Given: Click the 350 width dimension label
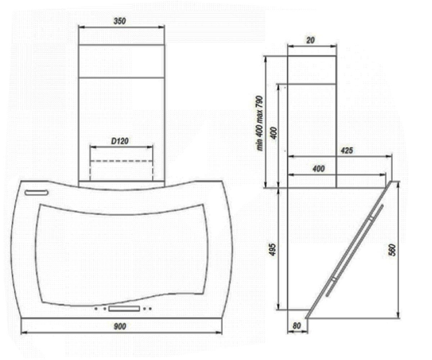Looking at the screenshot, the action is point(120,21).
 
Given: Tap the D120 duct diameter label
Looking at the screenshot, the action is point(120,141).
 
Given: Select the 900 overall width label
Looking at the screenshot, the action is point(120,327).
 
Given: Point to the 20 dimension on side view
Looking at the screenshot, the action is point(311,40).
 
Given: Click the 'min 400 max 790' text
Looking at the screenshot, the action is point(260,123).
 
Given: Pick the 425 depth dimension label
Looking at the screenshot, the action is point(347,150).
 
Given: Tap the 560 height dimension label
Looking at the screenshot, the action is point(392,250).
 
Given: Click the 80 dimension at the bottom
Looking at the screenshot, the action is point(297,326).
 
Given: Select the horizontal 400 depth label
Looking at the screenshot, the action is point(318,169).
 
